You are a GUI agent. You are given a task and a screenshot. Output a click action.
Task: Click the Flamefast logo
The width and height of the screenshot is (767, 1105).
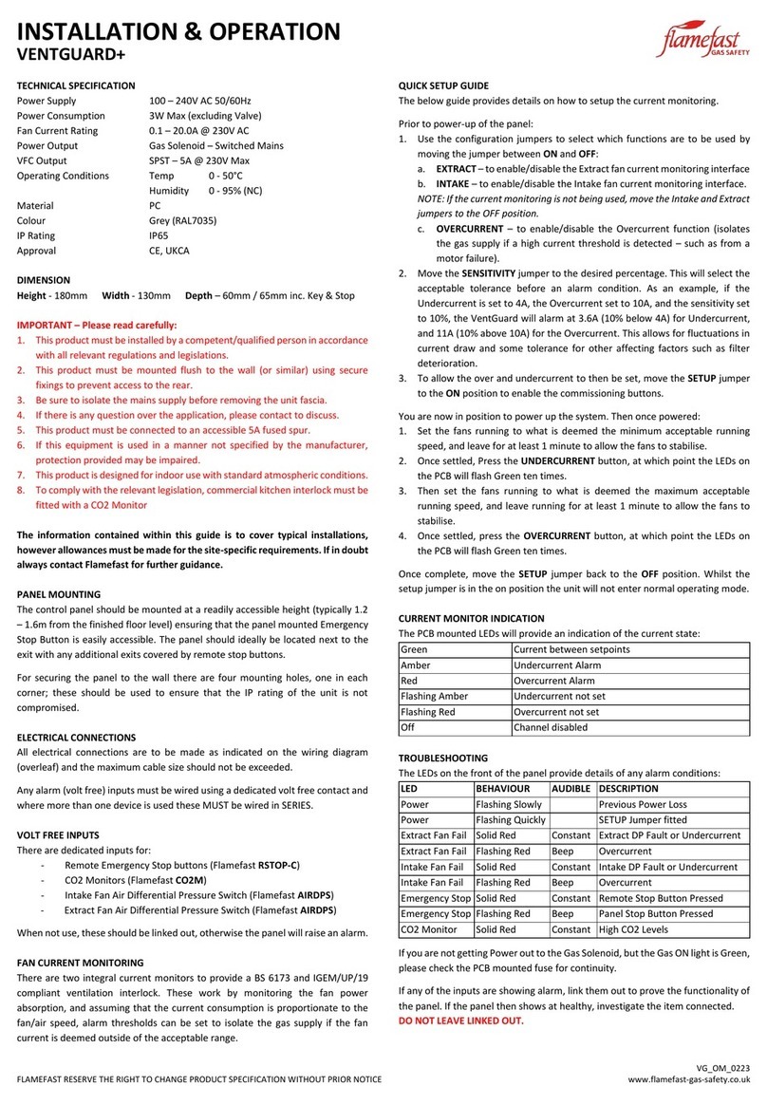coord(702,42)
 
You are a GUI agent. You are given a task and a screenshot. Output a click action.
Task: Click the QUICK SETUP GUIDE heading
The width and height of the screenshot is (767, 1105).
coord(443,84)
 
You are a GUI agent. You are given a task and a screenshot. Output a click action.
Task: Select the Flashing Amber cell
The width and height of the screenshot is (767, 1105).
coord(434,696)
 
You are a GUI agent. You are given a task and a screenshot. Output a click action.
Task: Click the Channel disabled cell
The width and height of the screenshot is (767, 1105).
coord(551,726)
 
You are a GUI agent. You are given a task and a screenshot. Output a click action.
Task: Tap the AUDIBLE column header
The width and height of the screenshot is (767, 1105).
coord(571,788)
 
